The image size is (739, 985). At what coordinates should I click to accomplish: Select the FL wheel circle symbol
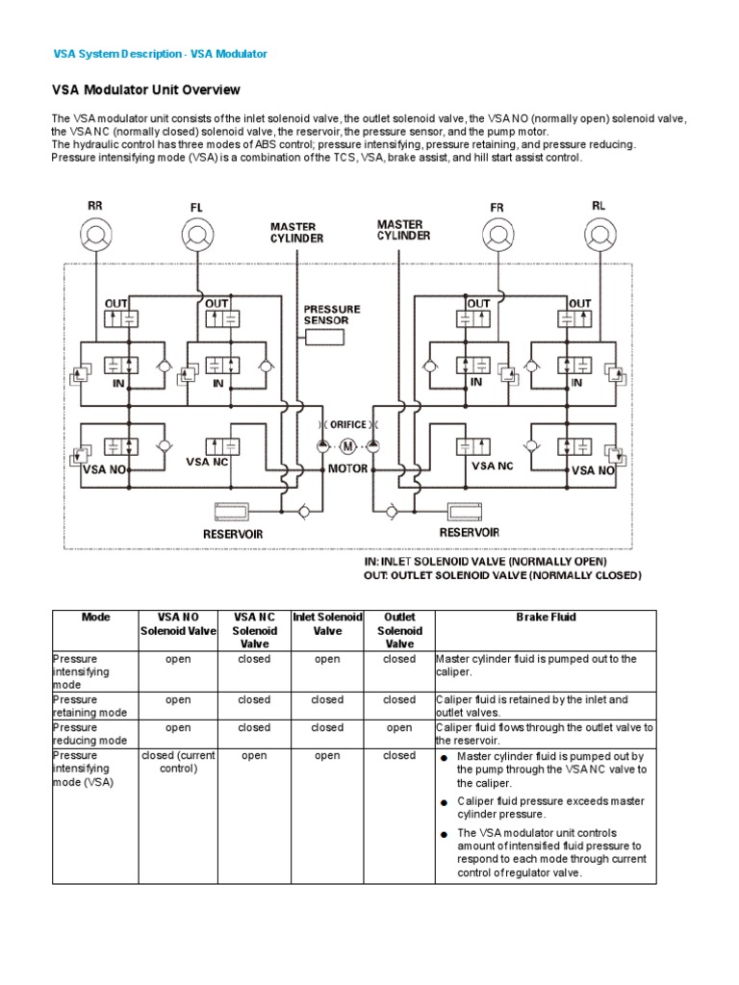point(197,234)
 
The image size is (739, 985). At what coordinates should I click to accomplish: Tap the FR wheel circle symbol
point(497,234)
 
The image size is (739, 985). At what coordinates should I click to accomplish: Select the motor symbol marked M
point(347,445)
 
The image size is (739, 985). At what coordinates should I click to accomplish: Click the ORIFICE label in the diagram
point(347,424)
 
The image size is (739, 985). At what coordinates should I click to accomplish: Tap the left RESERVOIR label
point(232,533)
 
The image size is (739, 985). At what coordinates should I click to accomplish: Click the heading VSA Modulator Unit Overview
point(145,89)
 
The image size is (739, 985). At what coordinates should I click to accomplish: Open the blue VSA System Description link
point(159,54)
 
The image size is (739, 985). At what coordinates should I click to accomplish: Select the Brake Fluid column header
point(546,618)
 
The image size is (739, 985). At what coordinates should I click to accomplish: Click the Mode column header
point(96,618)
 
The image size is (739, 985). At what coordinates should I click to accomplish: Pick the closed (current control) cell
point(178,762)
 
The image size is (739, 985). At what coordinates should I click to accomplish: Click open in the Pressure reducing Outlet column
point(399,728)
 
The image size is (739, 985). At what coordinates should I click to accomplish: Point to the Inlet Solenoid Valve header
point(327,623)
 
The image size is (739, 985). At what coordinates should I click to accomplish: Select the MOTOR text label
point(348,469)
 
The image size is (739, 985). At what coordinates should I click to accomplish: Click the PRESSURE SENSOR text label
point(332,315)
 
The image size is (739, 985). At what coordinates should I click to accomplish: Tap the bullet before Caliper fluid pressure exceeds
point(445,802)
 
